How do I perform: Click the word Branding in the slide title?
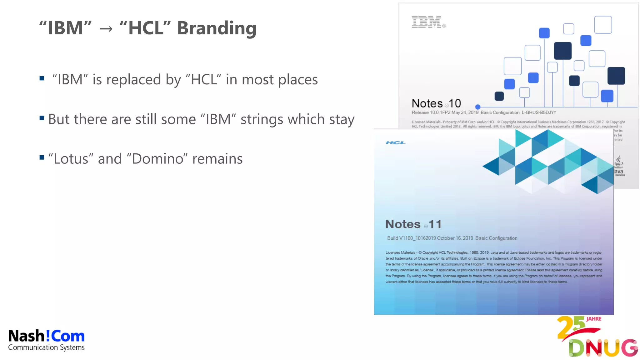217,28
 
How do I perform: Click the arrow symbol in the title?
106,29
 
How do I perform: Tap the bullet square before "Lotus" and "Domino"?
42,157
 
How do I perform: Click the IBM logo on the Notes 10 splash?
427,22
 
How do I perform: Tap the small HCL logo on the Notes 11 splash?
395,143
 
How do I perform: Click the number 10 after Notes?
455,103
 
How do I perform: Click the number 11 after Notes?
435,224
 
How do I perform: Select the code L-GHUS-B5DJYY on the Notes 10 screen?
539,112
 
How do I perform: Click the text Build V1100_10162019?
411,238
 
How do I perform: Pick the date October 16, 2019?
455,238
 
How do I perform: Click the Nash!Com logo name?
46,336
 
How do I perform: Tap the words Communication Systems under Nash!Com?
46,347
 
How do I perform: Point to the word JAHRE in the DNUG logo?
594,319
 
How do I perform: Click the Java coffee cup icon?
619,162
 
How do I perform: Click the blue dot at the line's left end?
477,107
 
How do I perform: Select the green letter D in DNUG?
576,348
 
